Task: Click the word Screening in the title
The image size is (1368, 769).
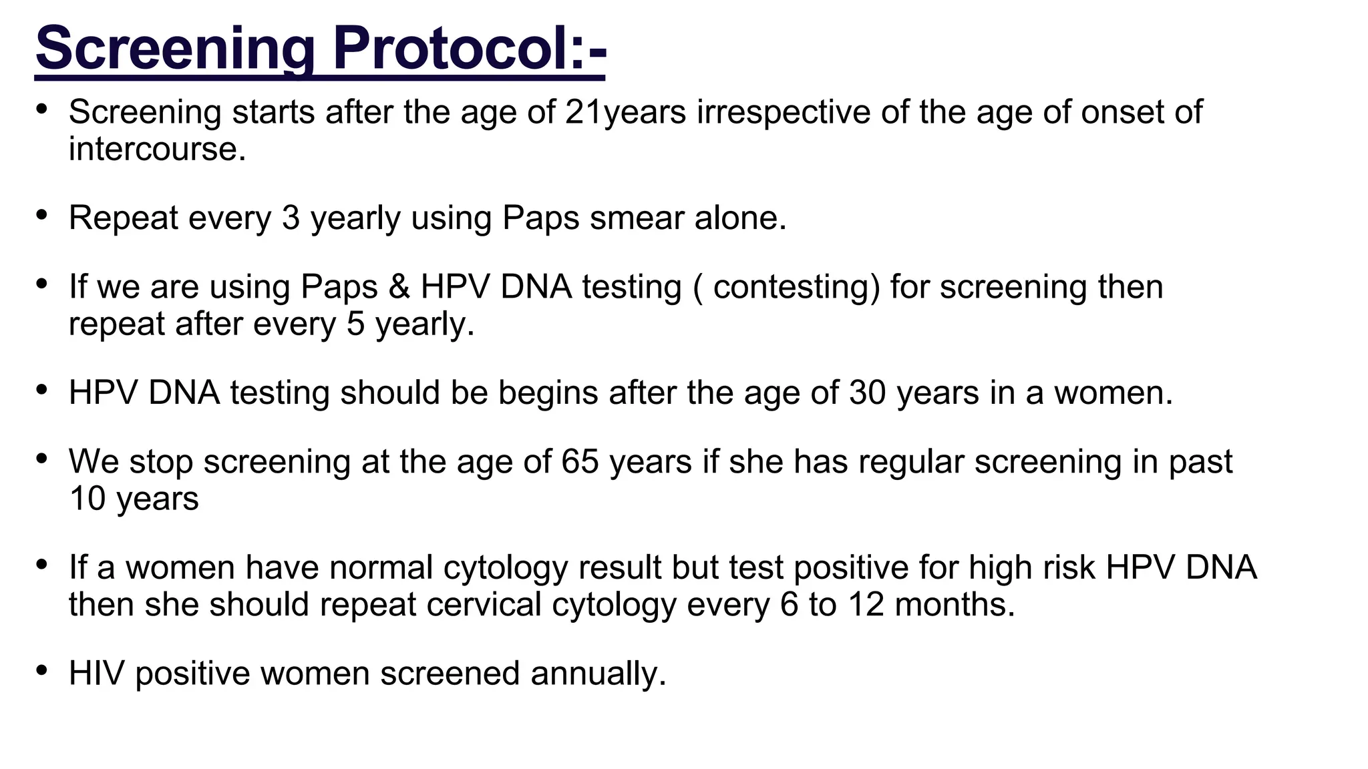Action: tap(175, 48)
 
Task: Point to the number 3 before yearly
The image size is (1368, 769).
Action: tap(291, 218)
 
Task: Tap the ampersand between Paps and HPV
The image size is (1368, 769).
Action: tap(399, 287)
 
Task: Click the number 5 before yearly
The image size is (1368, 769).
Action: tap(356, 324)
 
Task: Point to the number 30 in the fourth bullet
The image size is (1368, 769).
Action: tap(868, 393)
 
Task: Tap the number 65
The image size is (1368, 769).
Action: tap(580, 462)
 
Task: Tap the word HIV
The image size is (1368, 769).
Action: tap(96, 673)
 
